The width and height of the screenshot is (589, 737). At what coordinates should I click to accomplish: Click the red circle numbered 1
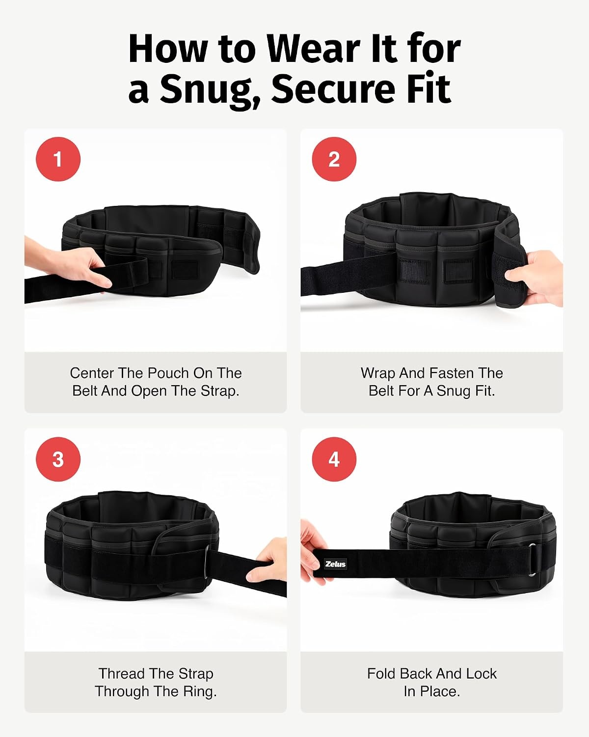click(x=58, y=159)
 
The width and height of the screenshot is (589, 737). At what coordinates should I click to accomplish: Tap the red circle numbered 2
click(x=334, y=159)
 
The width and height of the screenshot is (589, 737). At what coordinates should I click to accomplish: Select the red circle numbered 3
click(x=58, y=459)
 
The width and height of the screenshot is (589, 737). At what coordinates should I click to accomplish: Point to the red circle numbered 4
click(x=334, y=459)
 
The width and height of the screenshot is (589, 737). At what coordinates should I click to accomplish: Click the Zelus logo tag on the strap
click(x=335, y=564)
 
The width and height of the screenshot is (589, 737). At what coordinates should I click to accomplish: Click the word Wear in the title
click(x=314, y=49)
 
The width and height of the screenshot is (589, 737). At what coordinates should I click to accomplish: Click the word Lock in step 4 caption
click(x=481, y=674)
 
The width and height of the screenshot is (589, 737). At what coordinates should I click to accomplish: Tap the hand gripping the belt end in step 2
click(x=535, y=278)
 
